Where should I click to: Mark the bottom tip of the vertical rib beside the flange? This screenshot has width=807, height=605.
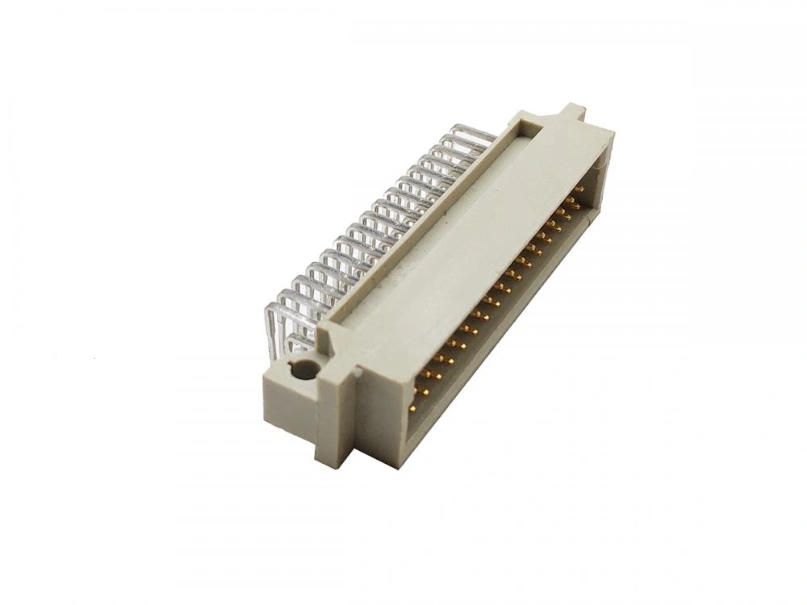(x=333, y=460)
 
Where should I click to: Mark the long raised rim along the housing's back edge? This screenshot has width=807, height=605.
(x=420, y=226)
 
